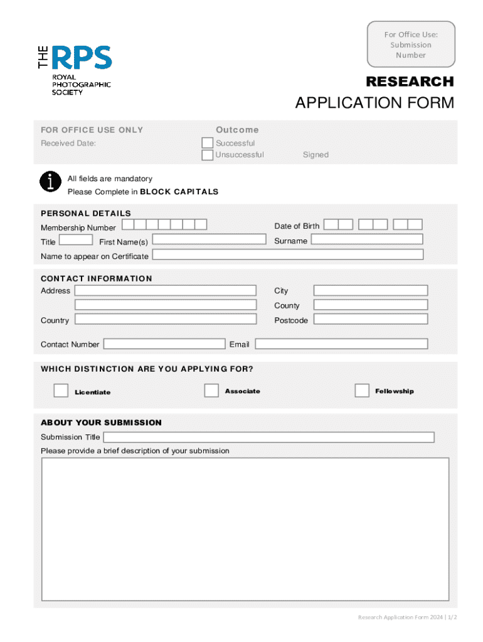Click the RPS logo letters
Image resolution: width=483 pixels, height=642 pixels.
click(x=82, y=58)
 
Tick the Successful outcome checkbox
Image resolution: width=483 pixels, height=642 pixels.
click(x=207, y=143)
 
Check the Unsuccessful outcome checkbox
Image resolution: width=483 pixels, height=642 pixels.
click(x=207, y=155)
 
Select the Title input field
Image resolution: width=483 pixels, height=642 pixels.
click(x=76, y=239)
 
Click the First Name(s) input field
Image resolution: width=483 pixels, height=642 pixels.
click(x=210, y=239)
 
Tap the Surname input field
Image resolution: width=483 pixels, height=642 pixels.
click(x=367, y=239)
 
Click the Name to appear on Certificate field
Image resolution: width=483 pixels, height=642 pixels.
click(x=288, y=255)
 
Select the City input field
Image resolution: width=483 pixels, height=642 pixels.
click(x=371, y=290)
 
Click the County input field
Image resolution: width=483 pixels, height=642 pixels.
click(x=371, y=305)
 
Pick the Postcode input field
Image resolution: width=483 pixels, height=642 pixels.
click(x=371, y=319)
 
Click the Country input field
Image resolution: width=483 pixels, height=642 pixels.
click(x=166, y=319)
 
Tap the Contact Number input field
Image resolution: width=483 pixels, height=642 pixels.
click(x=164, y=344)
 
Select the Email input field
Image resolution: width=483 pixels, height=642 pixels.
click(x=341, y=344)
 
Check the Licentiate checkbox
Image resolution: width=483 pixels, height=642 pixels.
click(x=61, y=391)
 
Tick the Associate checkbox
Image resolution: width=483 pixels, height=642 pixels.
click(x=211, y=390)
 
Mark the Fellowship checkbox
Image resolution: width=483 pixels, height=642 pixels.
click(x=362, y=391)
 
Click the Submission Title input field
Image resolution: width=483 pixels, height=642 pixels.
click(x=268, y=437)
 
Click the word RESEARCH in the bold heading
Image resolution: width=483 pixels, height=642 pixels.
click(x=410, y=82)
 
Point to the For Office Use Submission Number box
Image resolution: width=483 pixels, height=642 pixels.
click(x=411, y=45)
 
